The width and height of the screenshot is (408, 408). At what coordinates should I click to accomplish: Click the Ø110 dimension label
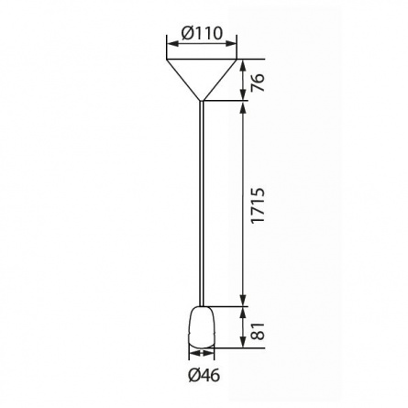click(202, 33)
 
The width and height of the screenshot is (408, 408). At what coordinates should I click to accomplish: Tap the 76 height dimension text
click(258, 83)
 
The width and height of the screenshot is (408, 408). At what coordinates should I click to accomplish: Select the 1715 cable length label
click(258, 205)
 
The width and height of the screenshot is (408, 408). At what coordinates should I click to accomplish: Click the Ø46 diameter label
click(204, 375)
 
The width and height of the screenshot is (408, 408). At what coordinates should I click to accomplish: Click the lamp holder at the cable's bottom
click(202, 327)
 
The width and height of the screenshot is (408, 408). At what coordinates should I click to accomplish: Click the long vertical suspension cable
click(202, 204)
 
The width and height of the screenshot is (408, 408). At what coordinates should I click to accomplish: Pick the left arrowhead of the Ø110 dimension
click(172, 44)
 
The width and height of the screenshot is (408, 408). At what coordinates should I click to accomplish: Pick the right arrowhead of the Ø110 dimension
click(231, 44)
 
